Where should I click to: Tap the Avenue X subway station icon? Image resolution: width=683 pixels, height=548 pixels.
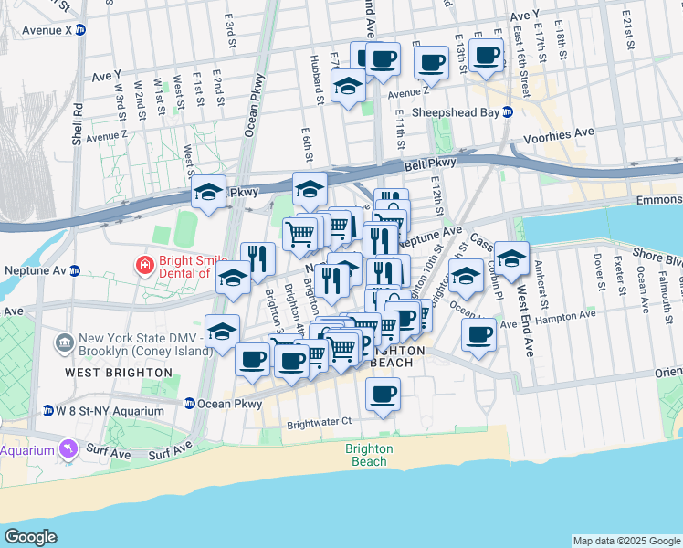pyautogui.click(x=79, y=29)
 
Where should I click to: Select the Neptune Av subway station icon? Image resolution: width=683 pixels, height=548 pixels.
pyautogui.click(x=79, y=270)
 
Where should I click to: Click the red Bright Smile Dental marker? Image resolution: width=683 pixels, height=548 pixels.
pyautogui.click(x=143, y=266)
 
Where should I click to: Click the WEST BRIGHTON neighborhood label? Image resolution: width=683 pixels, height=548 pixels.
pyautogui.click(x=119, y=373)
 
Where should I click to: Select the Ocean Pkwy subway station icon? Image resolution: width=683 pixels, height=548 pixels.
pyautogui.click(x=190, y=404)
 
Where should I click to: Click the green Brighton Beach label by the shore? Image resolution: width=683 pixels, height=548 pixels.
pyautogui.click(x=370, y=454)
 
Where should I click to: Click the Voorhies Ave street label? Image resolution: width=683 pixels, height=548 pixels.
pyautogui.click(x=558, y=132)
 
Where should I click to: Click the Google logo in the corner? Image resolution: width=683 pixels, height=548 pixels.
pyautogui.click(x=30, y=537)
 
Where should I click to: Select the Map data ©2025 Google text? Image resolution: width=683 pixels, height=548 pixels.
pyautogui.click(x=625, y=541)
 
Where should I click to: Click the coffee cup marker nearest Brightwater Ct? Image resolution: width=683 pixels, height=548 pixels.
pyautogui.click(x=383, y=395)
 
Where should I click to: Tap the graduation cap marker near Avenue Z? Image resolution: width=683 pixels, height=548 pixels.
pyautogui.click(x=348, y=87)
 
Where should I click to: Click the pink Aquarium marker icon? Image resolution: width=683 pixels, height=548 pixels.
pyautogui.click(x=66, y=448)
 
